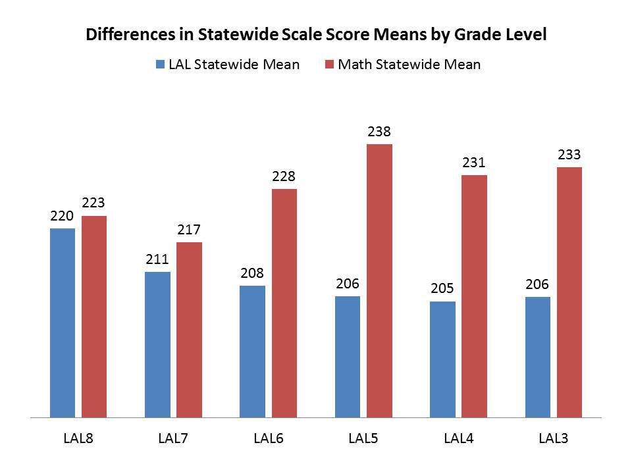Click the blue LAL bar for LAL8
pyautogui.click(x=63, y=323)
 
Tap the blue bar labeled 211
pyautogui.click(x=157, y=344)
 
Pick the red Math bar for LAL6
pyautogui.click(x=284, y=303)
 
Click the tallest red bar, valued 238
pyautogui.click(x=379, y=280)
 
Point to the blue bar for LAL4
pyautogui.click(x=442, y=359)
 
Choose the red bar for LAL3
pyautogui.click(x=569, y=292)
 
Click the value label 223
pyautogui.click(x=94, y=204)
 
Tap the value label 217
pyautogui.click(x=189, y=230)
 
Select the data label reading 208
pyautogui.click(x=253, y=273)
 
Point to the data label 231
pyautogui.click(x=475, y=163)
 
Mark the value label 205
pyautogui.click(x=442, y=289)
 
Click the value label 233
pyautogui.click(x=569, y=155)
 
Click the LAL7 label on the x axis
pyautogui.click(x=173, y=438)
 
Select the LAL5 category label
pyautogui.click(x=363, y=438)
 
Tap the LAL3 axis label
pyautogui.click(x=554, y=438)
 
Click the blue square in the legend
pyautogui.click(x=160, y=65)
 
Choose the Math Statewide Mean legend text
pyautogui.click(x=409, y=65)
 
